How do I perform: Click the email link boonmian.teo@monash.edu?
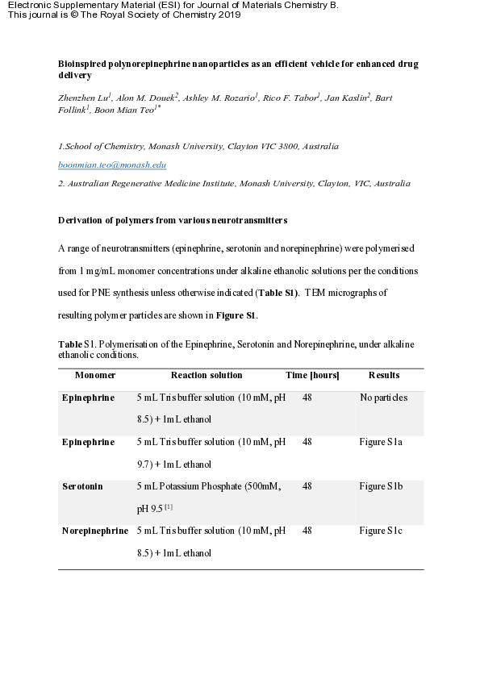click(112, 165)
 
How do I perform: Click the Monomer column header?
click(95, 375)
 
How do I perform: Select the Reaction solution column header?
click(207, 375)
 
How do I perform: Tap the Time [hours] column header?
click(312, 375)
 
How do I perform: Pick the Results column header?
click(384, 375)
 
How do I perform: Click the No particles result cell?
click(383, 398)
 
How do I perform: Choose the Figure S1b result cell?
click(382, 486)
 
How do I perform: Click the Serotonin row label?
click(82, 486)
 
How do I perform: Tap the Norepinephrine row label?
click(95, 531)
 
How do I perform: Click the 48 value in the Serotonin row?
click(307, 486)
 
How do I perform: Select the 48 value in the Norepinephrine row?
click(307, 531)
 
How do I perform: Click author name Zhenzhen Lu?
click(83, 98)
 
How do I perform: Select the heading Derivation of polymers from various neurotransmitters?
click(173, 220)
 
